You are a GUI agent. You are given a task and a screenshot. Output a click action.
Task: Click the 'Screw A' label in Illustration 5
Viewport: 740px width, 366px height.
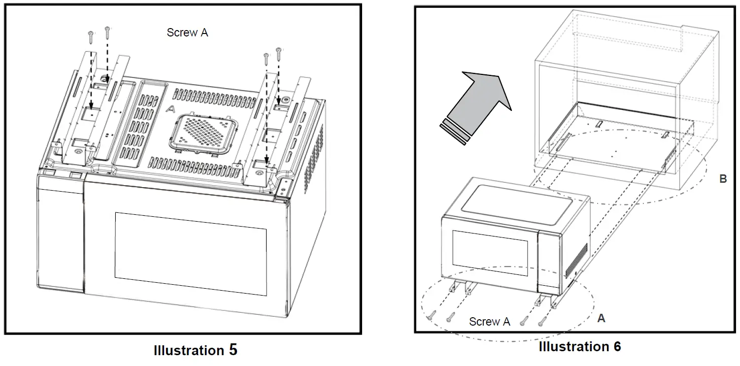coord(187,33)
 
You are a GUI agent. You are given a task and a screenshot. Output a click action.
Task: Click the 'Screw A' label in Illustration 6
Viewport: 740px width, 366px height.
coord(489,322)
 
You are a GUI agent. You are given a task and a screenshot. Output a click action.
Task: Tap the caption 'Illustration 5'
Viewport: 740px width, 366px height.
coord(195,350)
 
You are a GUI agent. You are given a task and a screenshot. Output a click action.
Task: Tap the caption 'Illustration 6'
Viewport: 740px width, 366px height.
coord(579,347)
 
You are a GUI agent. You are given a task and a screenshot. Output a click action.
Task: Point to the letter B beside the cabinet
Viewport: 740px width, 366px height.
coord(723,179)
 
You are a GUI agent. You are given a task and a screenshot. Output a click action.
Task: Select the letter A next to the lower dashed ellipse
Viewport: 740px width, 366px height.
coord(601,319)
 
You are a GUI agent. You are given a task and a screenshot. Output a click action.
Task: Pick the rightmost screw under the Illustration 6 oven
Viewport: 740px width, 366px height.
coord(541,320)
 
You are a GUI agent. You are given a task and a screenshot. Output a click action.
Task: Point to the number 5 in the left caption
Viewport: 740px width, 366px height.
coord(233,350)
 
